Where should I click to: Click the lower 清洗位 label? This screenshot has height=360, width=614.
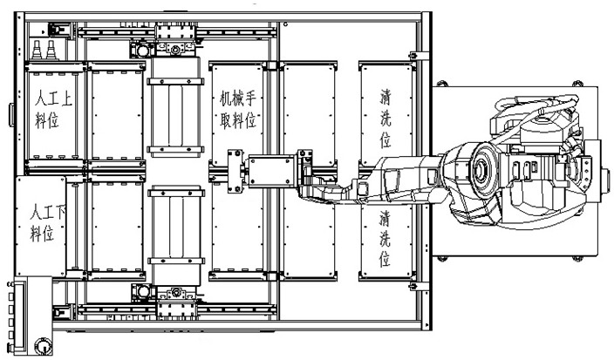385,237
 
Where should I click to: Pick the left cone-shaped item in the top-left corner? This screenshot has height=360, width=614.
39,45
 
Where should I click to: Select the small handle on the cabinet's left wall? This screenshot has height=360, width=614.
11,113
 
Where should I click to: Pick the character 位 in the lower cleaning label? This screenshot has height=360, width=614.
385,259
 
